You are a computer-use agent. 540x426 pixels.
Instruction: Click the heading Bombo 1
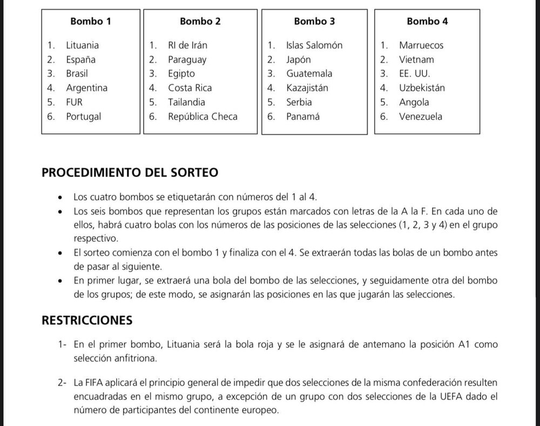91,22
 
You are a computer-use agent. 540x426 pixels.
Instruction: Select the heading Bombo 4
427,22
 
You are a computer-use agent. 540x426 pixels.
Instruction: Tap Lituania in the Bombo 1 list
82,45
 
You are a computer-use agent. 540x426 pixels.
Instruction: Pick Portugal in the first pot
83,116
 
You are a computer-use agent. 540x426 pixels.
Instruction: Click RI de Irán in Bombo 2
187,45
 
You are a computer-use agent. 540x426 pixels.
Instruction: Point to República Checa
202,116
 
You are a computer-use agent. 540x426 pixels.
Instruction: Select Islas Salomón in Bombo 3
314,45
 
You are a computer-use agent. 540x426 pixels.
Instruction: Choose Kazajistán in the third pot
307,87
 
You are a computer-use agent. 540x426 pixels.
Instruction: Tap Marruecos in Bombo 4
421,45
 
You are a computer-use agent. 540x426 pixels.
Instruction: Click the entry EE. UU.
415,73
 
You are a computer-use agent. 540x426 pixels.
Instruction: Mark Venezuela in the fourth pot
421,116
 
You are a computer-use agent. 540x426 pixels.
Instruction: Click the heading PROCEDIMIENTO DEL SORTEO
130,173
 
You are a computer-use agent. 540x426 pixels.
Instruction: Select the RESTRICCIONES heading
87,320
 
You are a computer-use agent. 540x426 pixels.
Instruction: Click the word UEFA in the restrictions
416,396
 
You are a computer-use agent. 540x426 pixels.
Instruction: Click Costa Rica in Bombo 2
190,87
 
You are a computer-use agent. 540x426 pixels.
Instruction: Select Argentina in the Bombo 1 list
86,87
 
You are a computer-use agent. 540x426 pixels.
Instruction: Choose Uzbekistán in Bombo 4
422,87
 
